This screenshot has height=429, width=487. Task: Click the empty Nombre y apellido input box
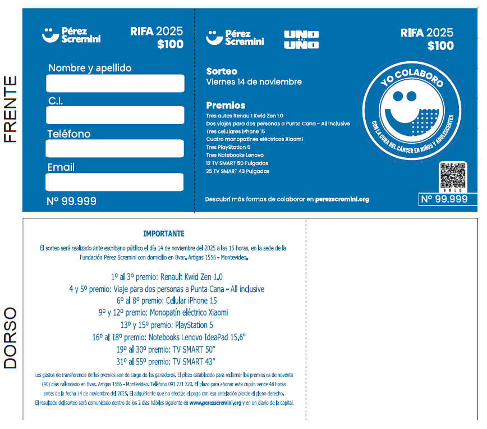[x=115, y=83]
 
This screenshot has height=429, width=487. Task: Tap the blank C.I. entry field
[x=115, y=115]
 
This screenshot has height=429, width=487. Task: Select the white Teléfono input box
[x=115, y=148]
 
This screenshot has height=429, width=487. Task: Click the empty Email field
[x=114, y=182]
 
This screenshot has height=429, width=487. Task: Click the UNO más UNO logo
[x=301, y=39]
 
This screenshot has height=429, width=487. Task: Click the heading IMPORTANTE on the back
[x=163, y=234]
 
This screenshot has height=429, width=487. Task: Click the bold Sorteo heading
[x=222, y=71]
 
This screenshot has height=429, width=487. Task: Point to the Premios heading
[x=226, y=105]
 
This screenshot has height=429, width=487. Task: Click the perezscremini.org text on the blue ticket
[x=342, y=199]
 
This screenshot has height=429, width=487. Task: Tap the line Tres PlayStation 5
[x=228, y=147]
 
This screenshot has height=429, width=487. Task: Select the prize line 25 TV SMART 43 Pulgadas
[x=237, y=171]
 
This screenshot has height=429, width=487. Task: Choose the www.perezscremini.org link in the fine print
[x=215, y=403]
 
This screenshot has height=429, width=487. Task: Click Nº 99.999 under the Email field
[x=71, y=201]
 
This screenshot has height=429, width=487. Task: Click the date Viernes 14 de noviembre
[x=254, y=82]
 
